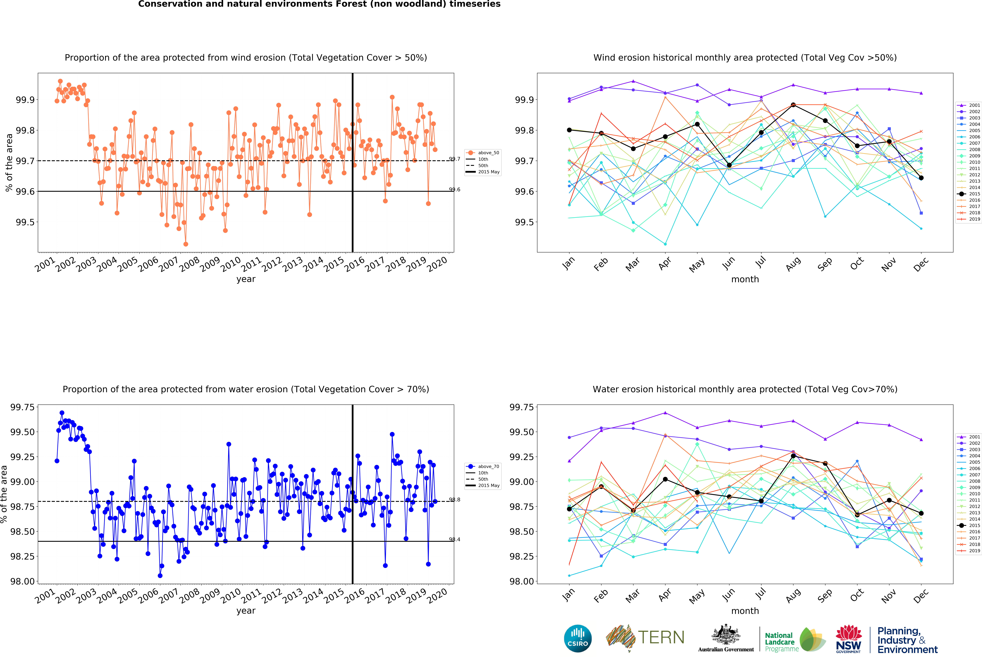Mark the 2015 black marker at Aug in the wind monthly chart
793,105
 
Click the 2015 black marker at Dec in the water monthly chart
921,513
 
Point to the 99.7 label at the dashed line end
455,159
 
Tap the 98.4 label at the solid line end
455,539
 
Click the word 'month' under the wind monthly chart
745,279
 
